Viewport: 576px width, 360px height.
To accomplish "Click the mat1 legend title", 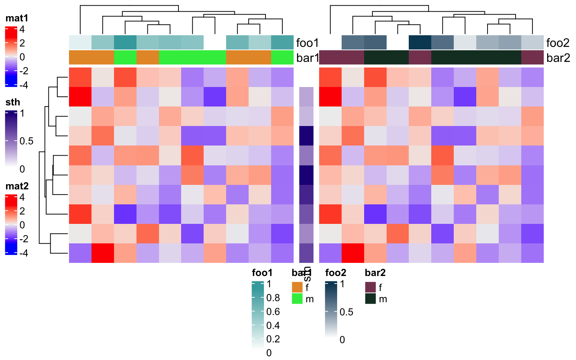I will click(17, 18).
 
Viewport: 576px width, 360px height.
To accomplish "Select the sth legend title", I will click(13, 102).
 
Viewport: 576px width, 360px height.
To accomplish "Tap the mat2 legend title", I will click(17, 186).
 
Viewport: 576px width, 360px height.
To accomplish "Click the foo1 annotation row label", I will click(307, 43).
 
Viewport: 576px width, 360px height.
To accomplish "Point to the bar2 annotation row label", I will click(558, 58).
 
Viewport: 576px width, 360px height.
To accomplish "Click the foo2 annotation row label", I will click(558, 43).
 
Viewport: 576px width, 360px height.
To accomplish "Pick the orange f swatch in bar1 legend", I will click(297, 287).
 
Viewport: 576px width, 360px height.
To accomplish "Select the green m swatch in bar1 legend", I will click(297, 299).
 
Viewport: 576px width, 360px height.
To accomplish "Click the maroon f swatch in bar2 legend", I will click(370, 287).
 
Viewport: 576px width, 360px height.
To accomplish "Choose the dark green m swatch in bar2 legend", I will click(370, 299).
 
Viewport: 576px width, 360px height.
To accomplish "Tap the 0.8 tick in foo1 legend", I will click(273, 298).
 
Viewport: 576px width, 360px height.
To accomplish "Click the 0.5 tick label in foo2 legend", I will click(346, 312).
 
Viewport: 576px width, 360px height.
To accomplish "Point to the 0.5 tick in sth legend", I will click(26, 141).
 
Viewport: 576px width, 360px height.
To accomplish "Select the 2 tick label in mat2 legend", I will click(22, 211).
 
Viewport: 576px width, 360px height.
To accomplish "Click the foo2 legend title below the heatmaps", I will click(336, 273).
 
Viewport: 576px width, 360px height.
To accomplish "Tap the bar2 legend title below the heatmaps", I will click(375, 273).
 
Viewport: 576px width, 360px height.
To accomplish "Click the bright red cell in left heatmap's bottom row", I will click(103, 253).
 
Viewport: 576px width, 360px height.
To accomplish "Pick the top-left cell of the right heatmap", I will click(330, 77).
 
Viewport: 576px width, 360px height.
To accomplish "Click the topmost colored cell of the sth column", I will click(306, 97).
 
